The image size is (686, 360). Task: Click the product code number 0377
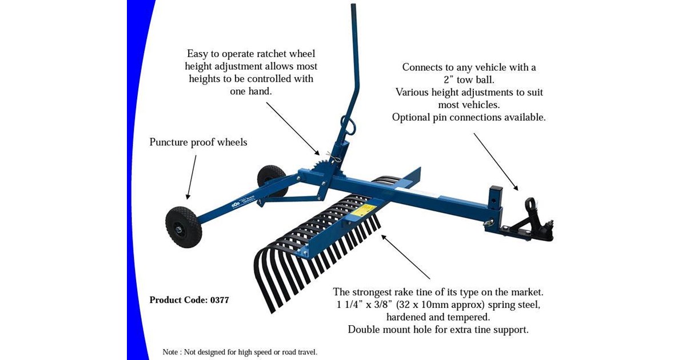218,299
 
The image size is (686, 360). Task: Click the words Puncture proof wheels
198,142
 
